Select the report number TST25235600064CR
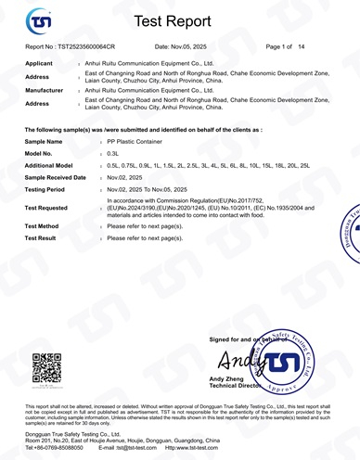pyautogui.click(x=85, y=46)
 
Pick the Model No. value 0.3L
pyautogui.click(x=113, y=153)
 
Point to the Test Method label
pyautogui.click(x=42, y=225)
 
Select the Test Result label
pyautogui.click(x=41, y=238)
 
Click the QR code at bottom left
pyautogui.click(x=46, y=368)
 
